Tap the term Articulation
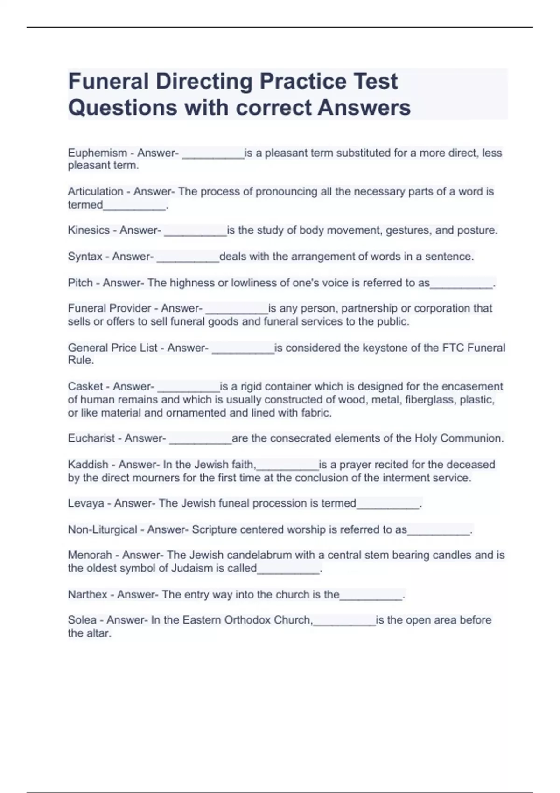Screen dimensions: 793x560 pyautogui.click(x=95, y=192)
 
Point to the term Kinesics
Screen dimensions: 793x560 pyautogui.click(x=88, y=230)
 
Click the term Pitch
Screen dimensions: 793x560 pyautogui.click(x=80, y=283)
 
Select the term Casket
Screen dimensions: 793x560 pyautogui.click(x=85, y=387)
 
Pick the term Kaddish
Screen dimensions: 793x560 pyautogui.click(x=88, y=465)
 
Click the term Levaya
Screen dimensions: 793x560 pyautogui.click(x=86, y=503)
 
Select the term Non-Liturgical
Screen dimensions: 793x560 pyautogui.click(x=102, y=530)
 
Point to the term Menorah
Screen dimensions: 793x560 pyautogui.click(x=90, y=555)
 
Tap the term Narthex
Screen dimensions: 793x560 pyautogui.click(x=87, y=595)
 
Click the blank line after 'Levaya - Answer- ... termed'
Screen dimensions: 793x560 pyautogui.click(x=388, y=506)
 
